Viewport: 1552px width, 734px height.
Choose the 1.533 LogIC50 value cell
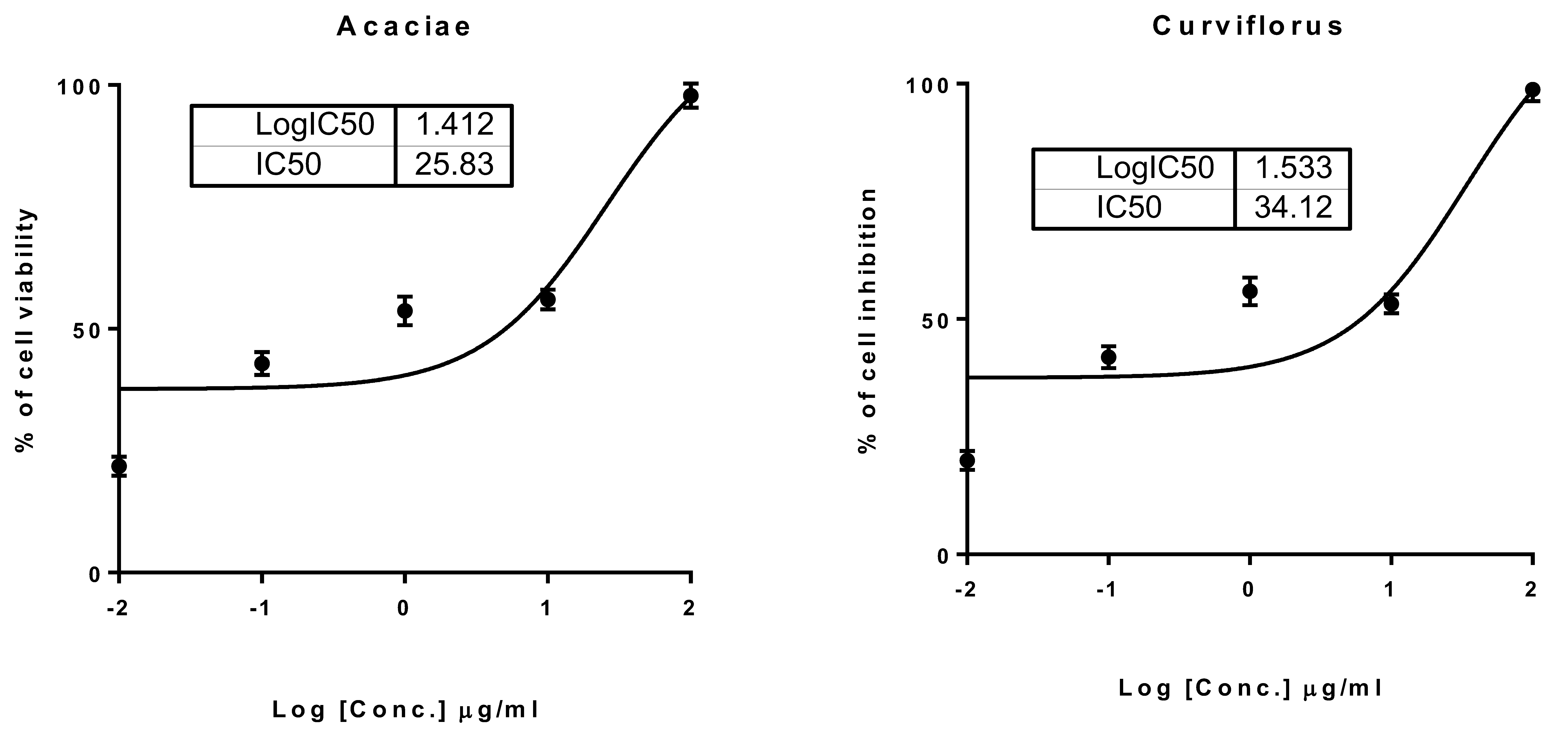1293,168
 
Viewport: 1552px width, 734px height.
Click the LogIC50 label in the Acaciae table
315,125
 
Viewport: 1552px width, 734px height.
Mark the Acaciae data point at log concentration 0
405,311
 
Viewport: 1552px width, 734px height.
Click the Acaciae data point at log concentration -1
262,363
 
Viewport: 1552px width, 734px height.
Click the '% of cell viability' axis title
25,330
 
